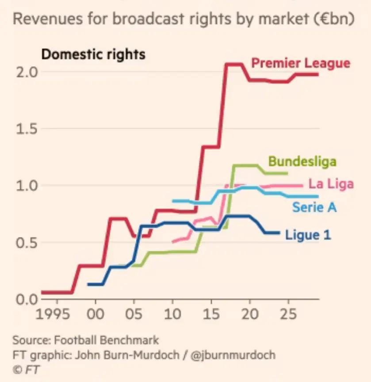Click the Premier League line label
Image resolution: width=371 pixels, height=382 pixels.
[301, 63]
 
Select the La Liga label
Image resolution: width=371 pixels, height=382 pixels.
[331, 183]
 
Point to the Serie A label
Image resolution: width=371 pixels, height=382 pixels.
[314, 206]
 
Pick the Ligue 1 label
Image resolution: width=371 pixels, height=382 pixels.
[308, 235]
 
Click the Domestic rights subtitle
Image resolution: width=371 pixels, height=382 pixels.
[93, 54]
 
